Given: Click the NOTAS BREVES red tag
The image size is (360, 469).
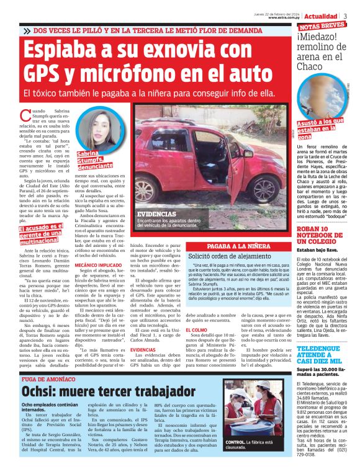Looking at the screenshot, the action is (322, 26).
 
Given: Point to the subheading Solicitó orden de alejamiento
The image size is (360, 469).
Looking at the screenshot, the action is (226, 256).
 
